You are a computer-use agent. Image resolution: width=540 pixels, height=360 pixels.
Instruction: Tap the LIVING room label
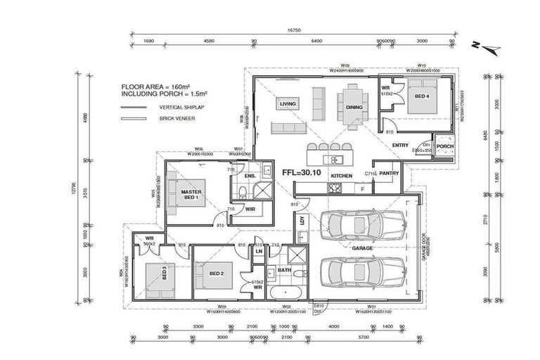(288, 104)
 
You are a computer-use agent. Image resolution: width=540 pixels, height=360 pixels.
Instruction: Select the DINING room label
(354, 108)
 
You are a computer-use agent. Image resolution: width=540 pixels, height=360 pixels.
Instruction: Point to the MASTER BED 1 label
(191, 194)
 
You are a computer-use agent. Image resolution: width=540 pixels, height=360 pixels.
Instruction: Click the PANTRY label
(389, 173)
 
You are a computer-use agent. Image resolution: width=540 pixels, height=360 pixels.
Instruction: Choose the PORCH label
(444, 147)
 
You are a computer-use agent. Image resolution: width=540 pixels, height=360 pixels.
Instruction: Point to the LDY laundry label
(302, 220)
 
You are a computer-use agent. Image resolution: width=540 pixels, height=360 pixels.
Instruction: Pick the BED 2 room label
(217, 274)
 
